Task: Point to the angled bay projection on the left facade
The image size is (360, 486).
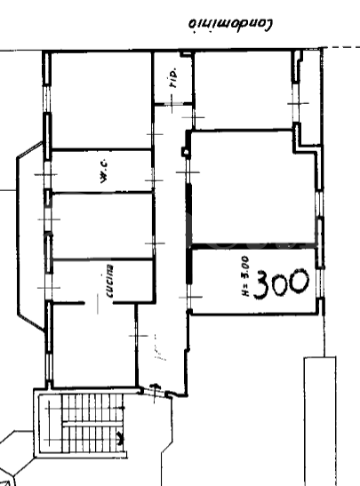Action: (27, 240)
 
